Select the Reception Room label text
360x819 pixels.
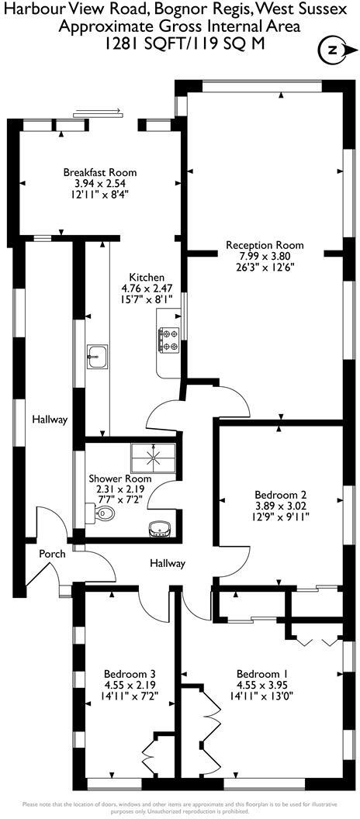[x=265, y=245]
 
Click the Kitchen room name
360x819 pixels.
[x=146, y=277]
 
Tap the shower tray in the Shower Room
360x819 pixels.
[x=153, y=457]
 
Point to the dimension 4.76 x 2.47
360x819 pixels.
[x=146, y=288]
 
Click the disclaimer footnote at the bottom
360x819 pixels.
[x=180, y=807]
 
